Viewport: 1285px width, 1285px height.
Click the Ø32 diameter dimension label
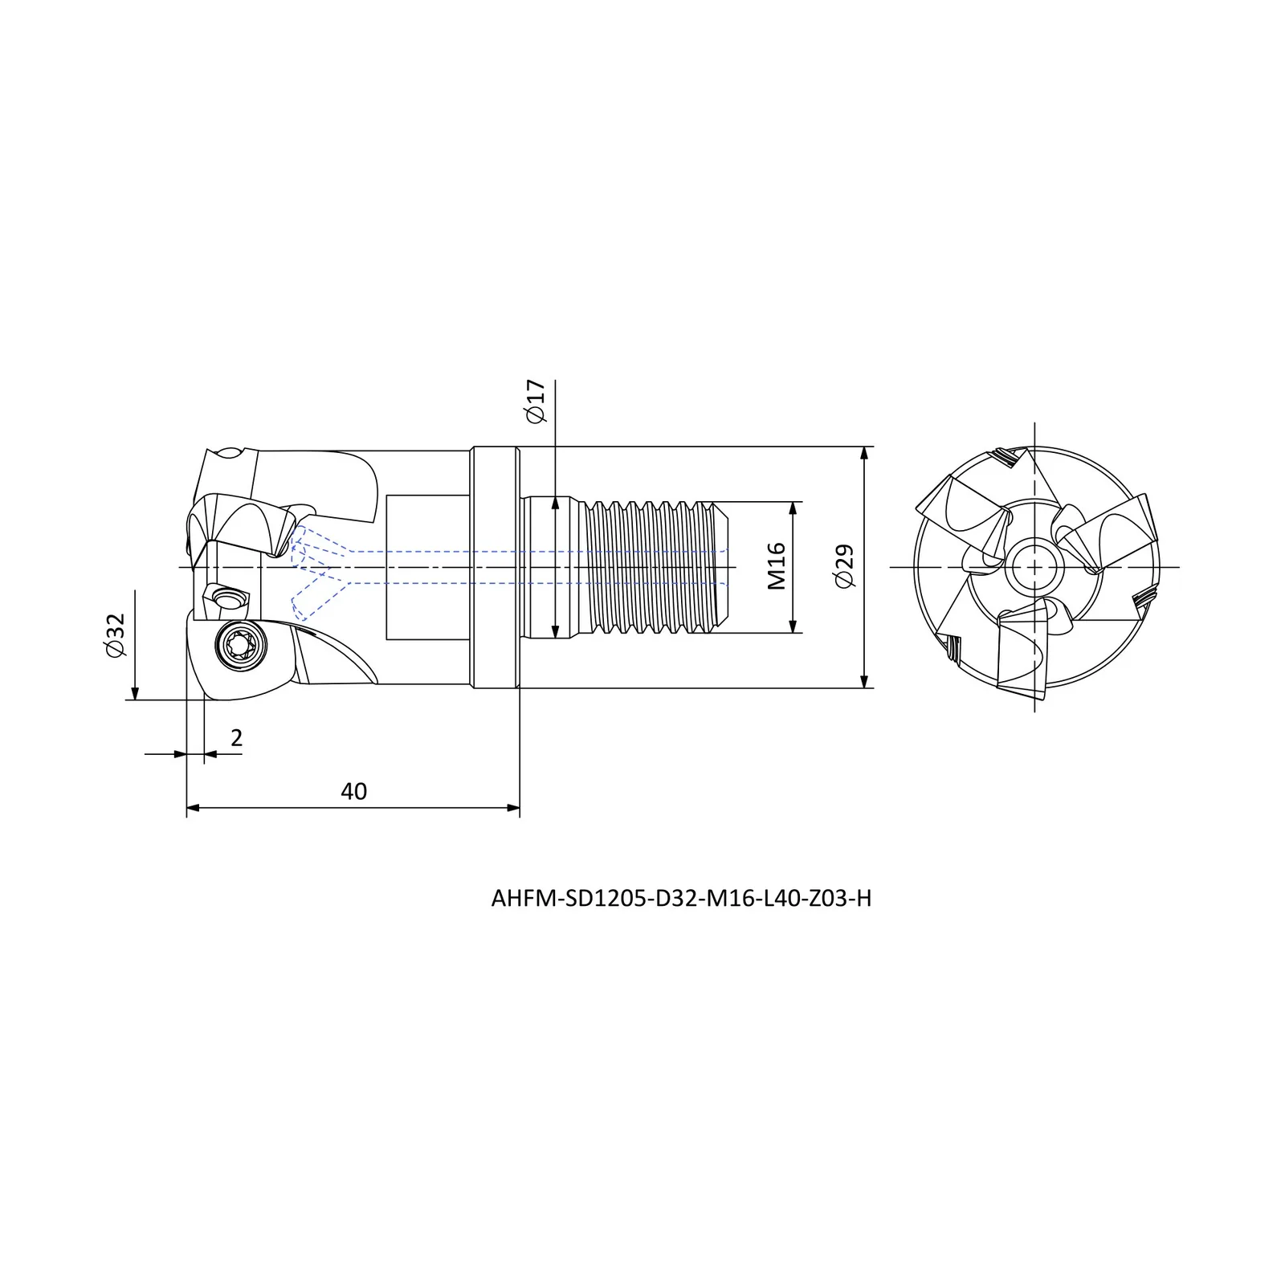(116, 636)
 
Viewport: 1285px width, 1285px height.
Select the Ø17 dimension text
(536, 402)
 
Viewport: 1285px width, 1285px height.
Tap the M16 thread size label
(776, 566)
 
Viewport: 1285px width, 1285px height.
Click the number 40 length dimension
(353, 792)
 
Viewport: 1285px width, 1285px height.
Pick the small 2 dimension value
(236, 738)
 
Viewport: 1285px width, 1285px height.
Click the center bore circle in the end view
(1035, 567)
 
